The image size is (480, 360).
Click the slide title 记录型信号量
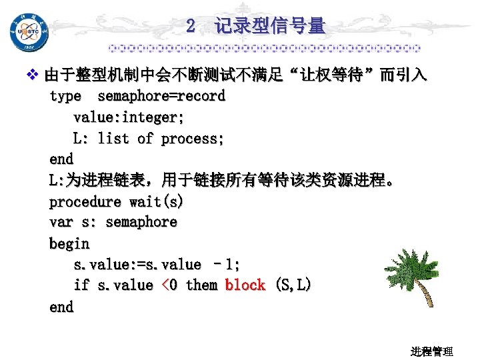tap(269, 27)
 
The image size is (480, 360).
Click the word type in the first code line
tap(65, 96)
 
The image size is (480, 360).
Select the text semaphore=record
tap(161, 96)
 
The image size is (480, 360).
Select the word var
tap(61, 222)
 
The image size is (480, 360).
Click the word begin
tap(69, 243)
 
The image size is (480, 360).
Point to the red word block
tap(245, 285)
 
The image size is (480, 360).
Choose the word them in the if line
tap(201, 285)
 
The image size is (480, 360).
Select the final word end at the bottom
tap(61, 307)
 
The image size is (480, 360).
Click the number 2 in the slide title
tap(191, 27)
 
